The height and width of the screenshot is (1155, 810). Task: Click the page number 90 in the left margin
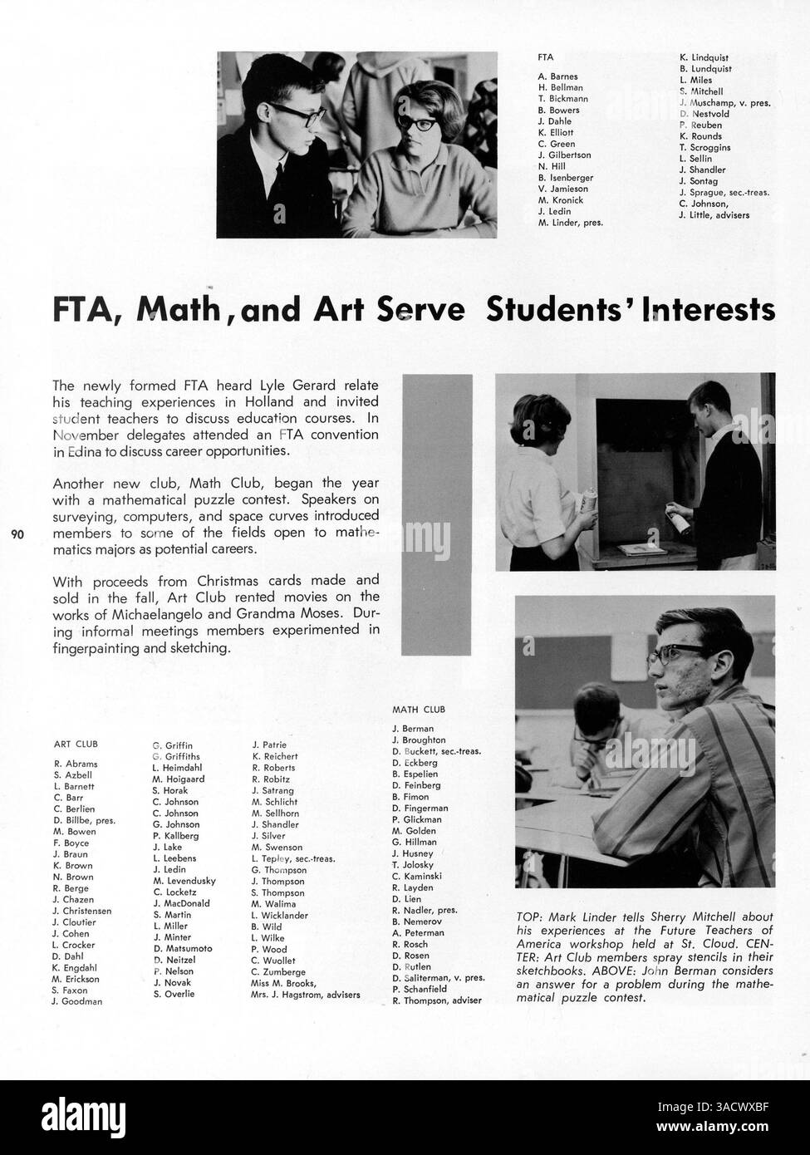[x=17, y=534]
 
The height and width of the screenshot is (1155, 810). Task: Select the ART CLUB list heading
[x=76, y=745]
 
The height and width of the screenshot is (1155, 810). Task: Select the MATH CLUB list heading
[x=418, y=710]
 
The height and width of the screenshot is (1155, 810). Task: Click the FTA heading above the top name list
[x=546, y=57]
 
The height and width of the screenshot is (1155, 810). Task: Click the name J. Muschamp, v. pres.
[x=724, y=103]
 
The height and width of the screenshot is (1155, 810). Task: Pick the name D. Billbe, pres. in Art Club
[x=84, y=820]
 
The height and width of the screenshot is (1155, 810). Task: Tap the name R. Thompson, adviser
[x=436, y=1000]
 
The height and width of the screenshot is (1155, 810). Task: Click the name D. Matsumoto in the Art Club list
[x=183, y=948]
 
